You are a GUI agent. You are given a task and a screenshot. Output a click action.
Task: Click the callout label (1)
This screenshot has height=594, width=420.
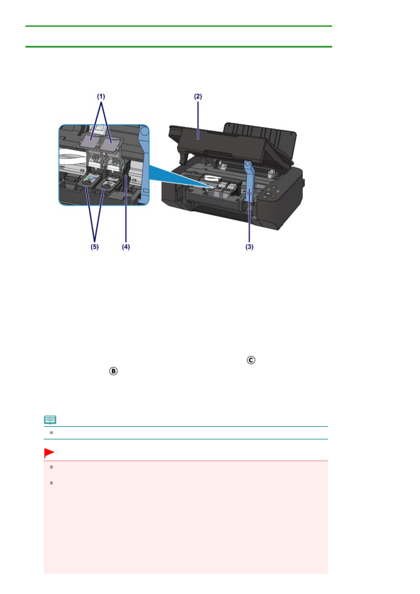click(x=101, y=96)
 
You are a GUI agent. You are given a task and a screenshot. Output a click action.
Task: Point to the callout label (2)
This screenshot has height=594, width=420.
click(x=198, y=96)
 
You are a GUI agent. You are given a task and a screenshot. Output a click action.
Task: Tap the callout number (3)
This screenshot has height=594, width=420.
click(x=250, y=247)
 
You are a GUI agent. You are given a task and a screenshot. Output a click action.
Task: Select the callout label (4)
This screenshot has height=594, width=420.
click(x=126, y=247)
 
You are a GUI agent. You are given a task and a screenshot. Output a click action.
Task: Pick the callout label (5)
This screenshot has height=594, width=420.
click(x=95, y=247)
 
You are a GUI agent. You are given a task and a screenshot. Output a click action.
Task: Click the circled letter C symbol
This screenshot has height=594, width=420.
click(x=251, y=360)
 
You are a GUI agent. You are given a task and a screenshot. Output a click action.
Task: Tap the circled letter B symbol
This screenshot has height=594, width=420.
click(x=113, y=371)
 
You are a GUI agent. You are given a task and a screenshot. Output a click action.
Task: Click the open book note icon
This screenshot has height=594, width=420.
click(x=50, y=420)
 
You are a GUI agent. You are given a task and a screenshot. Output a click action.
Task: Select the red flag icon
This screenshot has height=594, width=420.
click(x=49, y=453)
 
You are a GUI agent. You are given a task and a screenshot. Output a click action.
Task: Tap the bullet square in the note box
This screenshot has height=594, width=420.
click(x=52, y=432)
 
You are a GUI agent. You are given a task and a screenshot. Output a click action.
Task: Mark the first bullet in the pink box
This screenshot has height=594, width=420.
click(x=52, y=467)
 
